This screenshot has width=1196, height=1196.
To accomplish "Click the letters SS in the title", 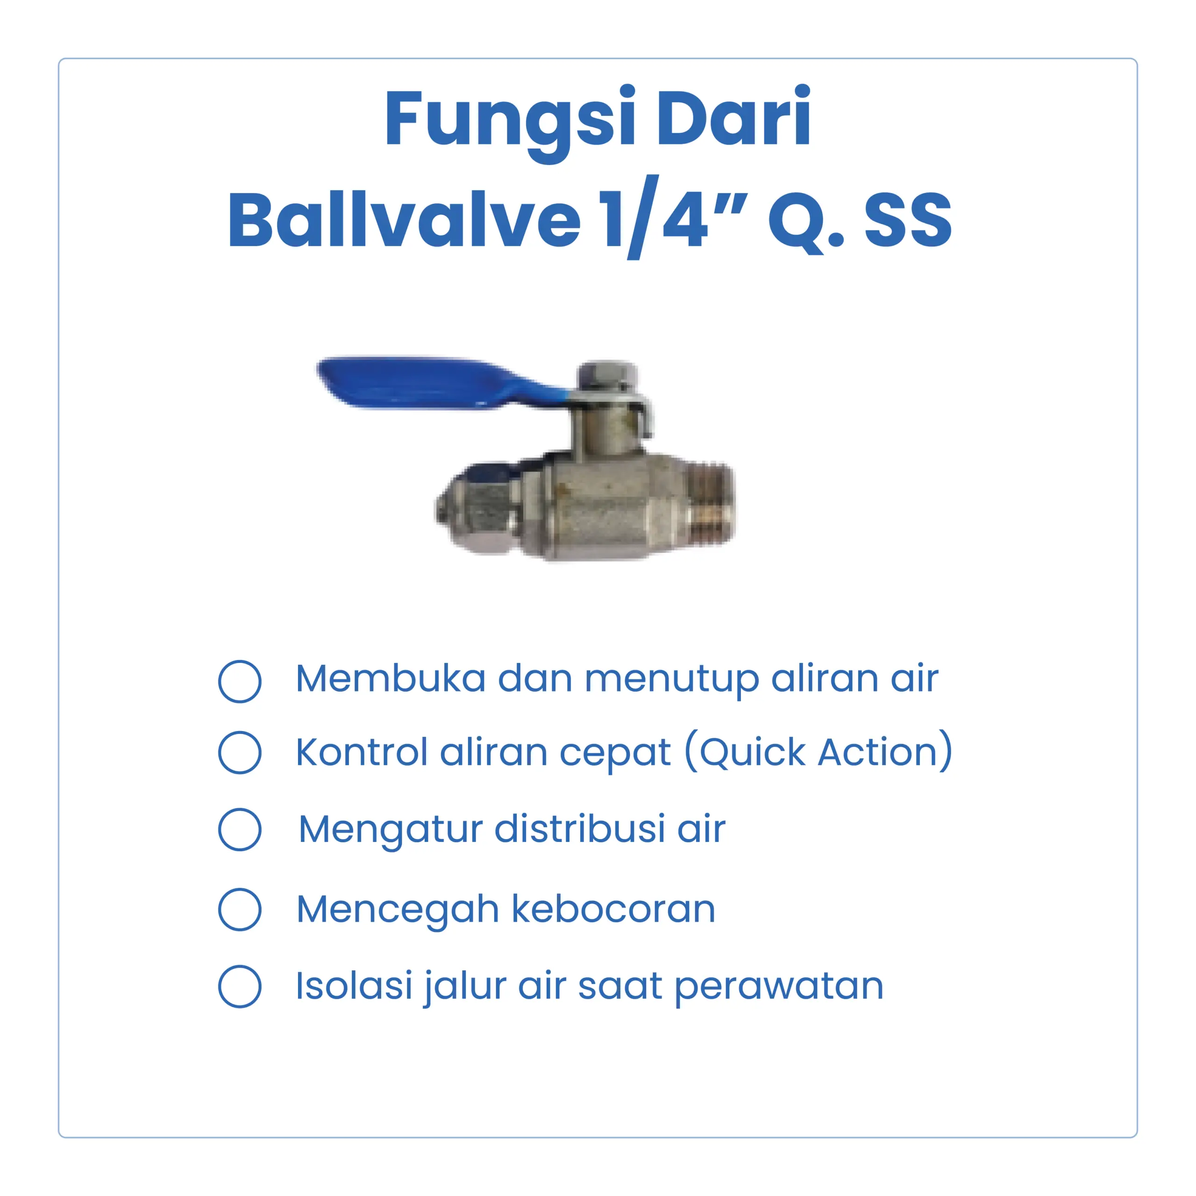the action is [908, 220].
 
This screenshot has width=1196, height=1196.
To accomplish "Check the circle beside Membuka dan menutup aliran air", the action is [240, 682].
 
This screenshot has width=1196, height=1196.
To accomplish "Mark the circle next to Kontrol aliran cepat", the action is [240, 753].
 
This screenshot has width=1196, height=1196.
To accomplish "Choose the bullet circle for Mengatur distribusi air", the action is [240, 830].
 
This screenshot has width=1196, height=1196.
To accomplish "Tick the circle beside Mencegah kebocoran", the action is [240, 910].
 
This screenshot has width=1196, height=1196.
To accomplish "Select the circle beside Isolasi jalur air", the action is [240, 986].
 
